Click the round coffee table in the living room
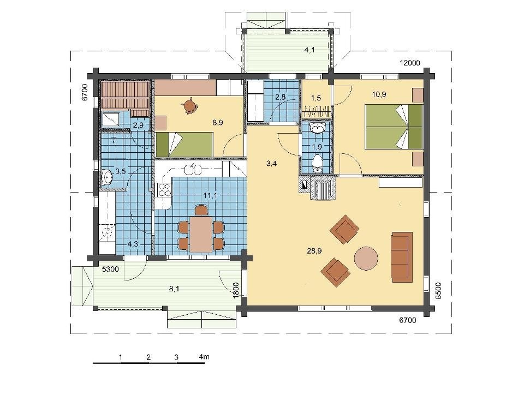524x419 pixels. [x=366, y=258]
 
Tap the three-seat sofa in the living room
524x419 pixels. [x=402, y=257]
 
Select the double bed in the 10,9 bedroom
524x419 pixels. [x=394, y=127]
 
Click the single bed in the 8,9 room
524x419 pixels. [x=184, y=145]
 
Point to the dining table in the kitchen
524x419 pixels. [x=201, y=234]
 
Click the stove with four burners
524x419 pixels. [x=164, y=190]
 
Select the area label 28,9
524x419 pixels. [x=314, y=251]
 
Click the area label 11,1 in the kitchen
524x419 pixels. [x=210, y=195]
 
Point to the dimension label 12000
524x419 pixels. [x=410, y=63]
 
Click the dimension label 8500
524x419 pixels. [x=438, y=291]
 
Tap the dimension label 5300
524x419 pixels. [x=110, y=269]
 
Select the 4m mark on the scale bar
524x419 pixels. [x=204, y=357]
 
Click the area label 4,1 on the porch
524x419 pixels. [x=309, y=50]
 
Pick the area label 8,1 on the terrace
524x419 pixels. [x=174, y=289]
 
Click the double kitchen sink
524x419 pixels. [x=193, y=170]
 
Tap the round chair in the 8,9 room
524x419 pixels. [x=190, y=106]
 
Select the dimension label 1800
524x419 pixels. [x=236, y=290]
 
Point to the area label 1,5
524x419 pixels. [x=316, y=98]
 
